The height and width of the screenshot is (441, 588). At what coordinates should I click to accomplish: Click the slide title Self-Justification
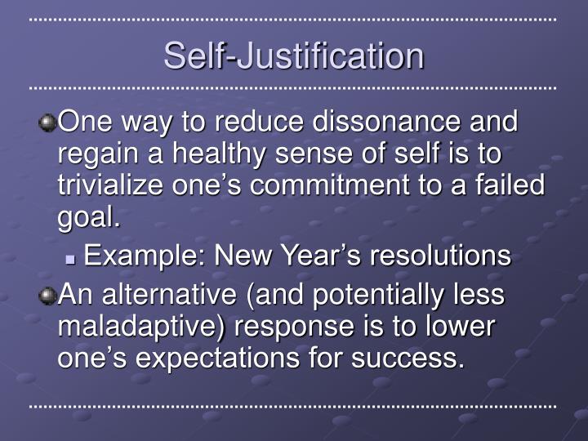pos(294,56)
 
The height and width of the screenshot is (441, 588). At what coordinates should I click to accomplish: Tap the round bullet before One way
pos(47,123)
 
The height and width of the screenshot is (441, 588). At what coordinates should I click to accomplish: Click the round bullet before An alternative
pos(47,296)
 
